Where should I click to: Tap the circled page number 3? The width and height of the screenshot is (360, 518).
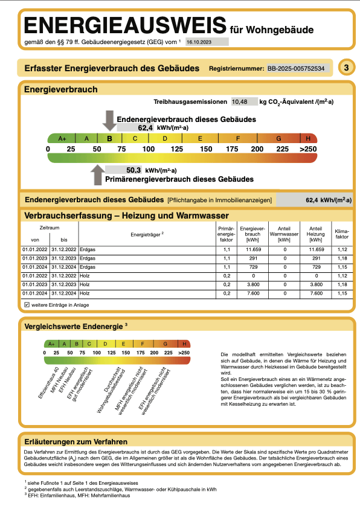pos(346,68)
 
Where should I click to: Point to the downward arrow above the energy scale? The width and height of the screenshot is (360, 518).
pos(109,120)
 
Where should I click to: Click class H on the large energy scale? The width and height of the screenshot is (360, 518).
pos(308,138)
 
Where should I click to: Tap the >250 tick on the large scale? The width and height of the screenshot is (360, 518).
pos(308,149)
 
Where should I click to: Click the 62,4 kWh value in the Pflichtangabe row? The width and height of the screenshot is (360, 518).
pos(329,200)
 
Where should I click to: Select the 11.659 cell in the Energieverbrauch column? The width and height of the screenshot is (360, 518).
pos(249,249)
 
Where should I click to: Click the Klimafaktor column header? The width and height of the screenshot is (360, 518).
pos(341,234)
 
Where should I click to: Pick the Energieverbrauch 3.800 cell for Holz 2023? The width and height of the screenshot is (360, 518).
pos(249,284)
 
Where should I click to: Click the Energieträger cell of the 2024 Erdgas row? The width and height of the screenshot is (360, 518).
pos(88,267)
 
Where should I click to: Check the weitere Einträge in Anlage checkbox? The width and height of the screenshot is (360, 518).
pos(27,305)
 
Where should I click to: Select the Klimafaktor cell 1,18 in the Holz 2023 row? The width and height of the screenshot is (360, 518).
pos(341,284)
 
